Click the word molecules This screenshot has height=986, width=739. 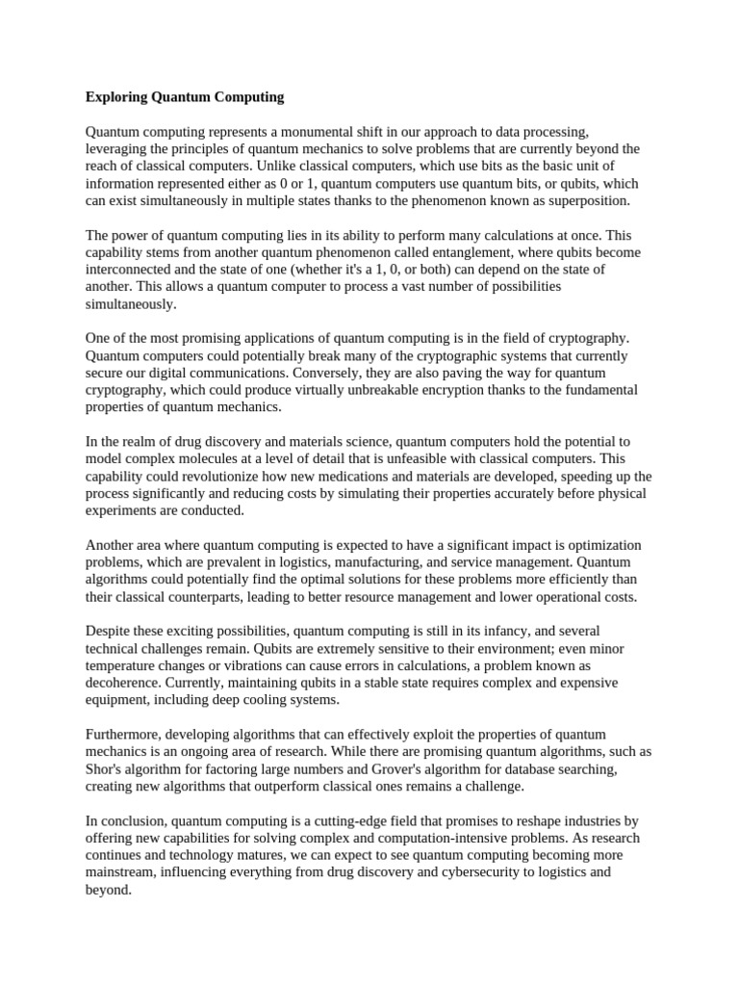(x=208, y=459)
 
